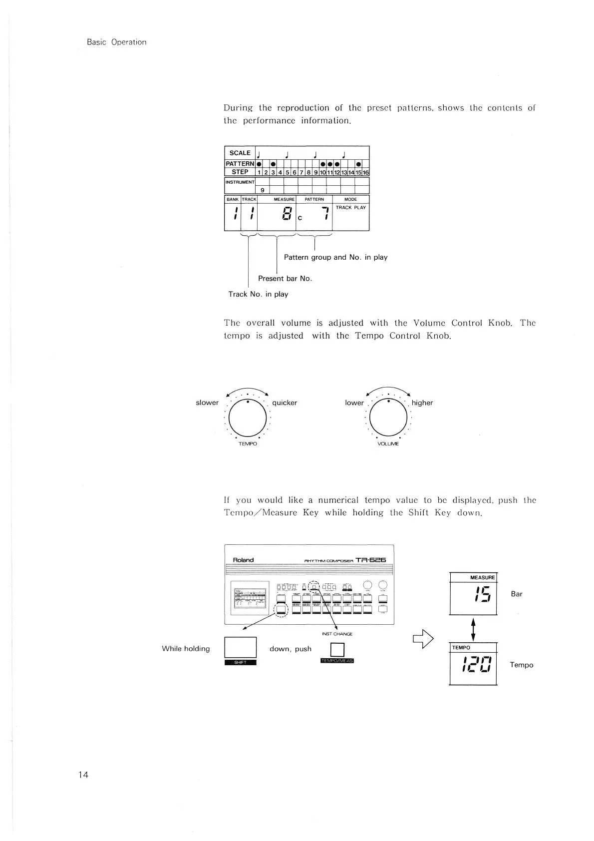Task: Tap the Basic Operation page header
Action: point(116,42)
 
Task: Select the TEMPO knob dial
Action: point(248,418)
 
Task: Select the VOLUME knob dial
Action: point(388,418)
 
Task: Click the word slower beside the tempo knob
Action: point(207,403)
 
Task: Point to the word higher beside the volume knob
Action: point(422,403)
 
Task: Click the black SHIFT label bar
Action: point(241,663)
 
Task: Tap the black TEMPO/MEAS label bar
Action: point(337,661)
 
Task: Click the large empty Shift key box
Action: point(241,648)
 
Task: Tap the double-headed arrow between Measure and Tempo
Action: point(473,628)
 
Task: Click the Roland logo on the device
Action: point(244,560)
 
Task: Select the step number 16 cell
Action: point(365,172)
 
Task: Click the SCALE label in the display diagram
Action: point(240,153)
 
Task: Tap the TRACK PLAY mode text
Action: point(350,208)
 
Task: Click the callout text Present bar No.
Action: point(285,279)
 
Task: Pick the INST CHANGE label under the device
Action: point(337,634)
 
